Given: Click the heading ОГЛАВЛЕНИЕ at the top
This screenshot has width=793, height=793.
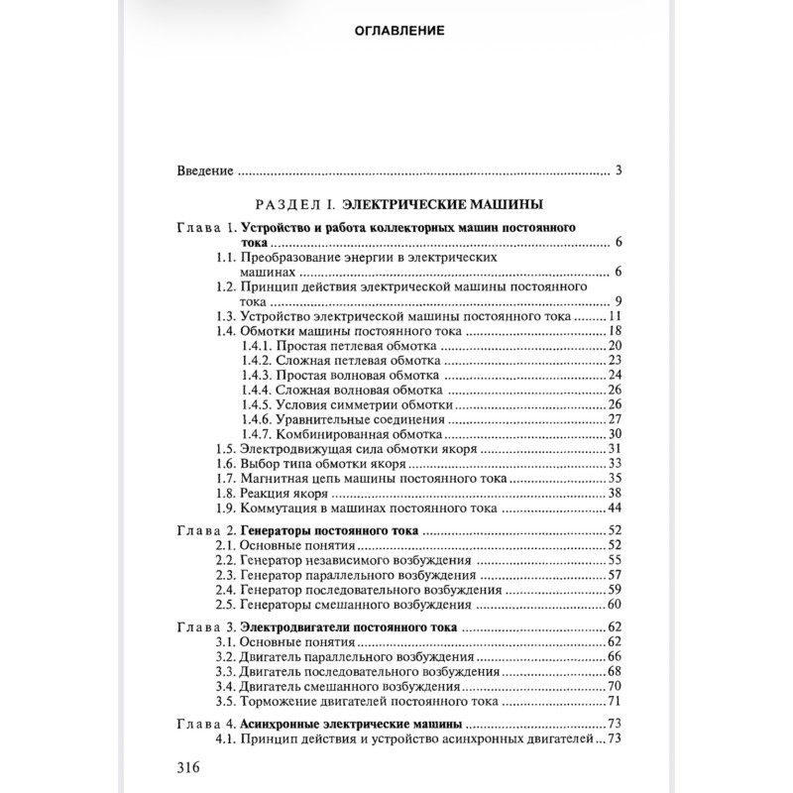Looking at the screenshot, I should (x=398, y=30).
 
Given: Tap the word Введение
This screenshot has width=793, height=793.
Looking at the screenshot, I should (x=205, y=170).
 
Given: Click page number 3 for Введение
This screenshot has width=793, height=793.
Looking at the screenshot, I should (x=618, y=170).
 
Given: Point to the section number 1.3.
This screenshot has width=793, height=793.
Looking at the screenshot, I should (x=226, y=316).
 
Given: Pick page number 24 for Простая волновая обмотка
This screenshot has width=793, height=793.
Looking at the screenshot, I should (x=615, y=376).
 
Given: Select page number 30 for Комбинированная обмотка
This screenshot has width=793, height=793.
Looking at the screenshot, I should (x=615, y=434).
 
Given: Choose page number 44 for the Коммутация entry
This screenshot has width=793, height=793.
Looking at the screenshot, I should (x=615, y=509).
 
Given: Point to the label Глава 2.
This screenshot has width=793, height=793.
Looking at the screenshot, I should (x=206, y=531).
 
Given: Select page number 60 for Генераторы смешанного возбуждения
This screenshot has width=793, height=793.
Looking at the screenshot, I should (x=615, y=605).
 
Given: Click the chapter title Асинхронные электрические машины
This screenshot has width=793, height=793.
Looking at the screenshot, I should (x=352, y=724).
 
